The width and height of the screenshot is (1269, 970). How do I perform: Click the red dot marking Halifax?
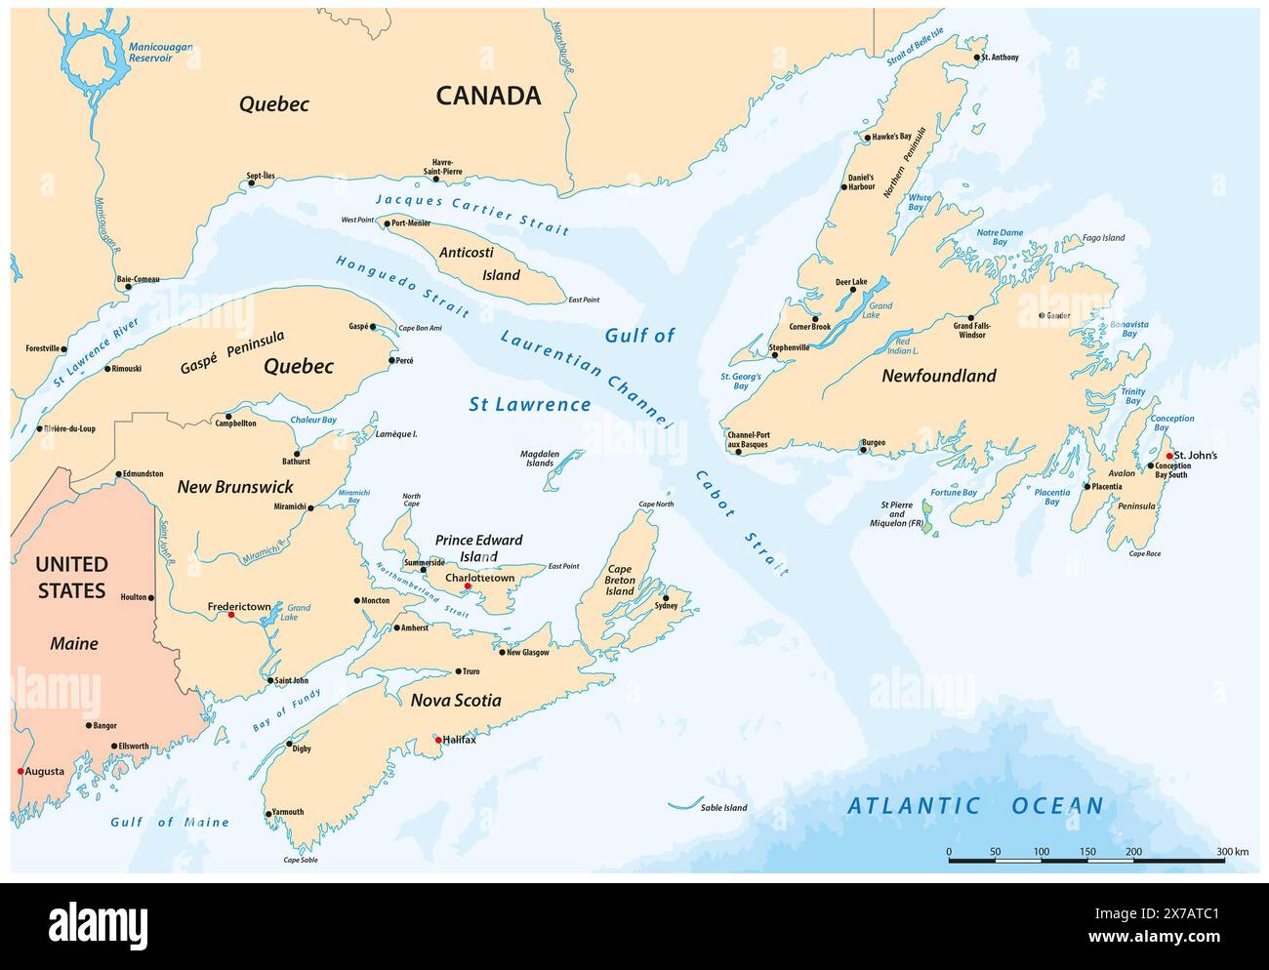[438, 740]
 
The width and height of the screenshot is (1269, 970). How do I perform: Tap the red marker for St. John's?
[1168, 456]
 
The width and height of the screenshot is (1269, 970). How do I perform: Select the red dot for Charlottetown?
[468, 586]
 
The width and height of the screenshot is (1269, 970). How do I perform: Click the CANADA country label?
[488, 96]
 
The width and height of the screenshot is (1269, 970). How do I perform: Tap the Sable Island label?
[723, 808]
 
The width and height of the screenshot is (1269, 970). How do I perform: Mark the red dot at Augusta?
[20, 771]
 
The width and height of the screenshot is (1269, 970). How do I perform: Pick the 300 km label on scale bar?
[1233, 852]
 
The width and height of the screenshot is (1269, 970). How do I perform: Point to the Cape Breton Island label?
[621, 580]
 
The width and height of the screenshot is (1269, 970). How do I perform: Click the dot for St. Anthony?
[975, 58]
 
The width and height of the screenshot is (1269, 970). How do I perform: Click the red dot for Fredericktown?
[230, 616]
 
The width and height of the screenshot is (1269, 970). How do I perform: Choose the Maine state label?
[74, 643]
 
